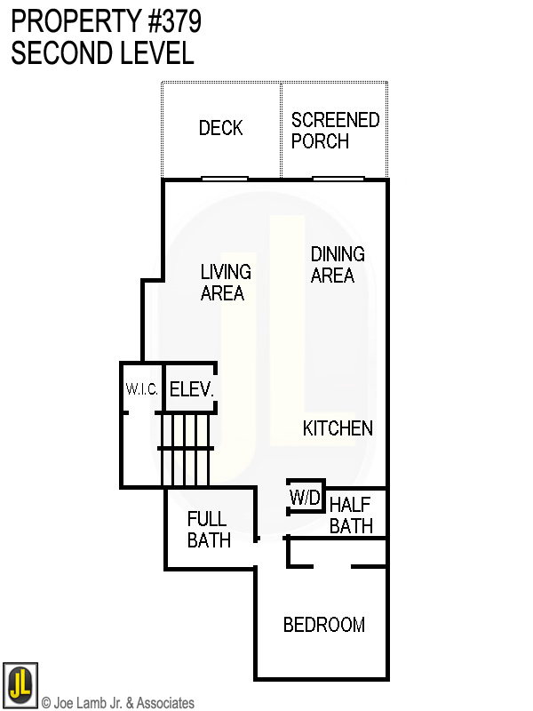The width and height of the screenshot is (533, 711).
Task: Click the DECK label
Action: point(220,128)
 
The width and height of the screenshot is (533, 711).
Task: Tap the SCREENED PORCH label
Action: point(335,130)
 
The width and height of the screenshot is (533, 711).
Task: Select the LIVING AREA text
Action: point(226,283)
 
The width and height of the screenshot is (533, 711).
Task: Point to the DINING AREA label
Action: point(337,265)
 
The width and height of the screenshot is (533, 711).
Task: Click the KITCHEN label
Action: point(338,428)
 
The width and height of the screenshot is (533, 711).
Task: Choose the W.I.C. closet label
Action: point(140,389)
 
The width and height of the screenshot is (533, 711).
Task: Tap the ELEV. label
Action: point(191,389)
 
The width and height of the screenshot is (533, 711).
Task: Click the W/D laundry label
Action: point(306,499)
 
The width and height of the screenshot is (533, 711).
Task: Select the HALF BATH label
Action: point(351,515)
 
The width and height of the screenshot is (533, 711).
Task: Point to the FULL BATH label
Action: point(208,529)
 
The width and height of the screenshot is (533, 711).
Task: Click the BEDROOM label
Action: point(323,625)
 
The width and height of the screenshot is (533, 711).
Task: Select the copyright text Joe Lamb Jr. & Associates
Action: point(117,703)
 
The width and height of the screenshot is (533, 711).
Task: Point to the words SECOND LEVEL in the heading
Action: point(102,53)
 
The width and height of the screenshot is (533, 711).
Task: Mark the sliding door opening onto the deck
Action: point(224,179)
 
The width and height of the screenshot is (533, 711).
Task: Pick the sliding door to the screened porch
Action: point(337,179)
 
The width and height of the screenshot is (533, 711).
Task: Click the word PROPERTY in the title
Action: point(72,21)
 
